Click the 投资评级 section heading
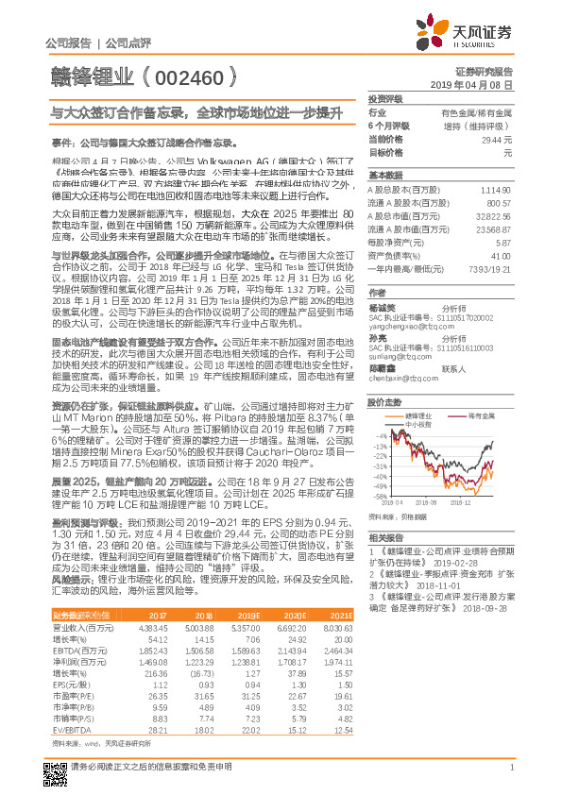pyautogui.click(x=386, y=98)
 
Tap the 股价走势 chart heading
pyautogui.click(x=386, y=375)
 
